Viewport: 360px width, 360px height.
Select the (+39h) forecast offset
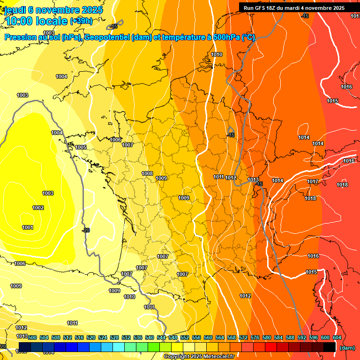coord(81,21)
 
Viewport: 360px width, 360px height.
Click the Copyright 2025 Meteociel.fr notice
coord(199,357)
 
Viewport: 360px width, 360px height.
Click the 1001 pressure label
coord(28,228)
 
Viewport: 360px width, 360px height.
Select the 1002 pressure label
coord(38,208)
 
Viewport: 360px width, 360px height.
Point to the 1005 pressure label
coord(81,148)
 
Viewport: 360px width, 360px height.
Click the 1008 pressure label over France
coord(147,173)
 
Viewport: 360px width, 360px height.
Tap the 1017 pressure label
coord(313,182)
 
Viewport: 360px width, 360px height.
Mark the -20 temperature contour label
coord(86,230)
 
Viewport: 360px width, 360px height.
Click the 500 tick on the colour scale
coord(32,337)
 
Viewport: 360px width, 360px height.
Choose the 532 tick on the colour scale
coord(126,337)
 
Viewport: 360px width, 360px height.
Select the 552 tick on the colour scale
coord(185,337)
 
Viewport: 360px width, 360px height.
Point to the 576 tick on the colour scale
coord(255,337)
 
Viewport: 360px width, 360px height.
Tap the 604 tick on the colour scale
coord(337,337)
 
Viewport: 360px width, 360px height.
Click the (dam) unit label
coord(347,348)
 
